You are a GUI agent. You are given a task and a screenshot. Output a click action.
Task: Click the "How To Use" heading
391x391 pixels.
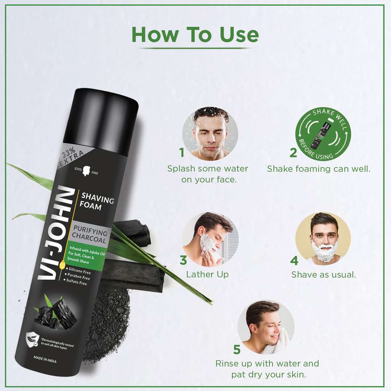point(195,35)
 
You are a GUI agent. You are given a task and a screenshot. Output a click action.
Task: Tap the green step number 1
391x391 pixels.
point(182,152)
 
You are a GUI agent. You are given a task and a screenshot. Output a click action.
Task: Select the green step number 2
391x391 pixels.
point(293,152)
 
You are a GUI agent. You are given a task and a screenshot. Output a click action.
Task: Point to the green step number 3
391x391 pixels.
point(183,260)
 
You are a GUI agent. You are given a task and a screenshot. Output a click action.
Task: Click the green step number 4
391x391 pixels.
point(294,261)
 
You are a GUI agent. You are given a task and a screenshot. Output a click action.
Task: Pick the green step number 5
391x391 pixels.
point(237,349)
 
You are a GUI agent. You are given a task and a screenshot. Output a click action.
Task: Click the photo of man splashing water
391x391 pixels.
point(210,134)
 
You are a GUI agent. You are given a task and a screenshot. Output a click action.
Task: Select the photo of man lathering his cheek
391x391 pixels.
point(210,239)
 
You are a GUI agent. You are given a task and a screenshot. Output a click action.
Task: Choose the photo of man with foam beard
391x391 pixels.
point(323,239)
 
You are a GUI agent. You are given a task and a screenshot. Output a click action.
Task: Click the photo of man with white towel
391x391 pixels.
point(266,327)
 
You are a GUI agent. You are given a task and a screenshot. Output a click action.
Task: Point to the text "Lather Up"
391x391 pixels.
point(207,274)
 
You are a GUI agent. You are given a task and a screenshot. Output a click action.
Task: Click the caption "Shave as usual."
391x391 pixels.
point(323,275)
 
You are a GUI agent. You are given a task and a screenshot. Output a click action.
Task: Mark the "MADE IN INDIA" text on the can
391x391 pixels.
point(45,359)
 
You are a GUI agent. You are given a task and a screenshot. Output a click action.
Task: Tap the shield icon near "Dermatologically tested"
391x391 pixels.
point(33,340)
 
